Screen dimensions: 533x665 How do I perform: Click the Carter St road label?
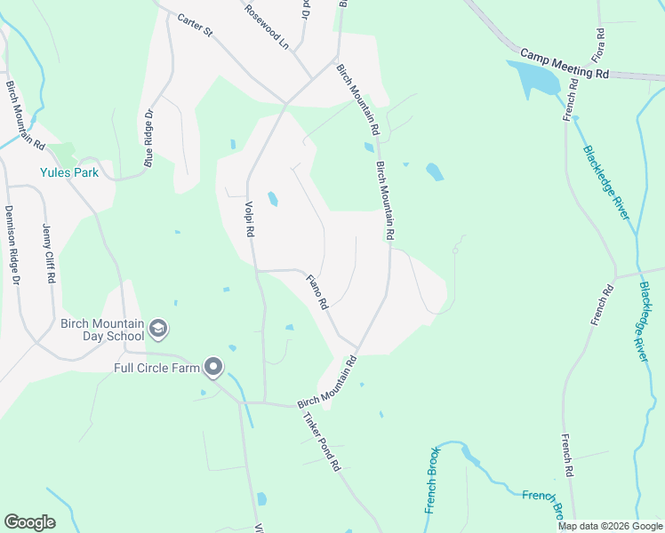(x=196, y=25)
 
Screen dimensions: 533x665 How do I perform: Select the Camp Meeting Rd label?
(x=565, y=64)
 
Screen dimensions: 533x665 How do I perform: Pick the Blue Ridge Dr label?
(x=149, y=139)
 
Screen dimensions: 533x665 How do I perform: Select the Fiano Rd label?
(x=317, y=292)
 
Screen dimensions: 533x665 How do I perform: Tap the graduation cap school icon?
(x=158, y=330)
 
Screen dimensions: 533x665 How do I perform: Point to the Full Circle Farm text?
(x=156, y=367)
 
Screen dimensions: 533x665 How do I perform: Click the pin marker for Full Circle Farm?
(x=213, y=366)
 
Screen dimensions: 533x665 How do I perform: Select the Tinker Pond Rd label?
(x=322, y=442)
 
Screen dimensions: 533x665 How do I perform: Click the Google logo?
(x=29, y=522)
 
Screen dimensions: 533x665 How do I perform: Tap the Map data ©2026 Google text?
(x=610, y=526)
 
